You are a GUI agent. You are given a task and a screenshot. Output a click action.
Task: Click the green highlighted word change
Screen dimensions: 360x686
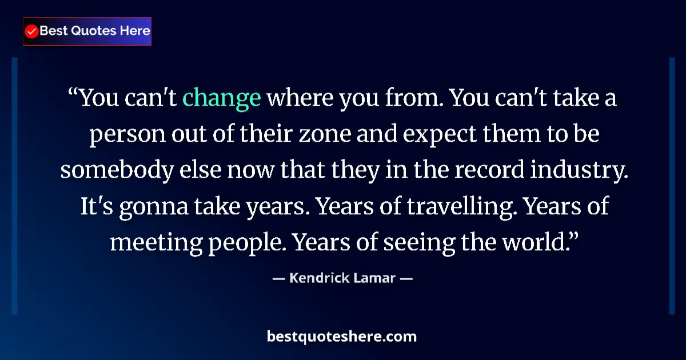222,98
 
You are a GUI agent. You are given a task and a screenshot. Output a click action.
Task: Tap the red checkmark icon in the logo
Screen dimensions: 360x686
32,31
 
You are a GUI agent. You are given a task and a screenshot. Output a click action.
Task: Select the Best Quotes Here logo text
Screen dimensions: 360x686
95,31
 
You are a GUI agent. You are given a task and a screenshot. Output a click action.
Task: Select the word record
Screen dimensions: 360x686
496,171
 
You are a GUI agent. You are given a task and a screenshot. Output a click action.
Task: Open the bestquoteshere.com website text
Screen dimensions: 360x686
342,337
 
